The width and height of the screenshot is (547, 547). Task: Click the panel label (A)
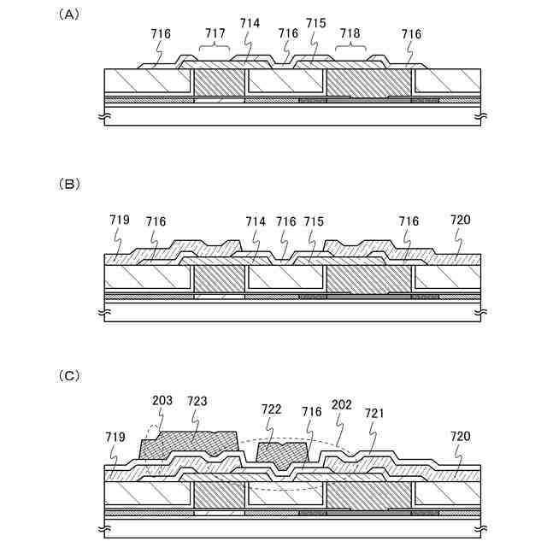[68, 15]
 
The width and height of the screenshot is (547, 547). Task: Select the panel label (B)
[68, 184]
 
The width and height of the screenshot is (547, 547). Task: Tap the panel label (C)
[68, 375]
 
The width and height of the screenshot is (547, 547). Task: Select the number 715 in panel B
[314, 221]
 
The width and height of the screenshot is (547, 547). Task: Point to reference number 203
[162, 401]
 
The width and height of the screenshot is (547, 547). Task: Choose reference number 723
[197, 401]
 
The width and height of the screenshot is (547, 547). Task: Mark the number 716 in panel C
[311, 412]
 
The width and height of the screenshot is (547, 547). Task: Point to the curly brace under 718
[350, 47]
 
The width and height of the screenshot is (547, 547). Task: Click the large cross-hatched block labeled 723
[190, 446]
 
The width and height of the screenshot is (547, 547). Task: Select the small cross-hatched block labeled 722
[282, 455]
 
